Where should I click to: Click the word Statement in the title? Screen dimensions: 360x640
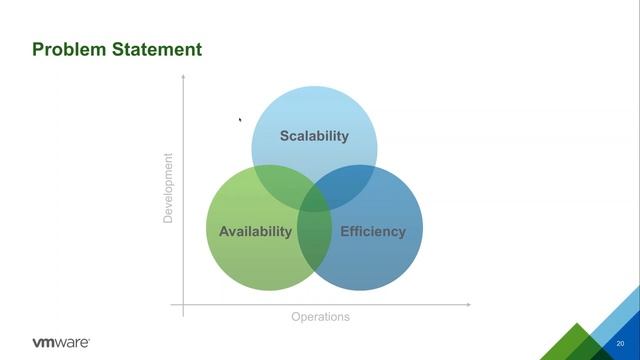tap(156, 49)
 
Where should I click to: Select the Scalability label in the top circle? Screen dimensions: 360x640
tap(314, 136)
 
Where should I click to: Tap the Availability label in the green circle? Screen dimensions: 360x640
tap(255, 231)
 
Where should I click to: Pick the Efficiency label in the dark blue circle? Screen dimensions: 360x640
tap(373, 231)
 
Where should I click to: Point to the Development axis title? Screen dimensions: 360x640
tap(168, 187)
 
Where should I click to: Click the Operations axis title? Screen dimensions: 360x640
tap(320, 317)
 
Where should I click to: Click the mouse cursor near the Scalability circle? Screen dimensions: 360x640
tap(239, 120)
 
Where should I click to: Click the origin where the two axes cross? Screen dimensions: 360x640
tap(183, 302)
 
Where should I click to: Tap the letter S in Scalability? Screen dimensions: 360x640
tap(284, 136)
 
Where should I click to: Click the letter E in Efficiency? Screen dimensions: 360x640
tap(345, 231)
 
